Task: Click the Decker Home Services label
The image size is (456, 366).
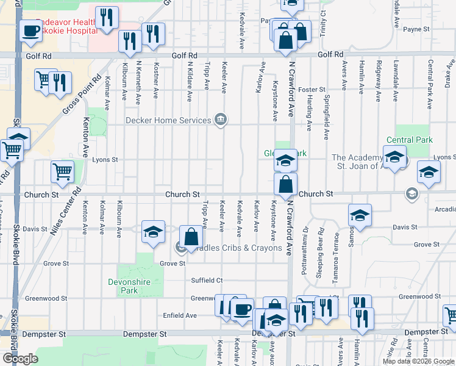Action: pyautogui.click(x=168, y=120)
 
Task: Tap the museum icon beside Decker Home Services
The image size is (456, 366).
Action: pyautogui.click(x=221, y=120)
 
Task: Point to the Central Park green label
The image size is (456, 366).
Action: pyautogui.click(x=413, y=140)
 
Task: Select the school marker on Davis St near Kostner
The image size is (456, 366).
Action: pyautogui.click(x=153, y=232)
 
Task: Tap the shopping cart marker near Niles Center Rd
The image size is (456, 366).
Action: pyautogui.click(x=62, y=172)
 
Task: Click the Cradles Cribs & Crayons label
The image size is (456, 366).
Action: pyautogui.click(x=235, y=248)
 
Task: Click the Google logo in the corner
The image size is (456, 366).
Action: pyautogui.click(x=20, y=359)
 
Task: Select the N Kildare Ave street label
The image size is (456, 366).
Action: pyautogui.click(x=190, y=81)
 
